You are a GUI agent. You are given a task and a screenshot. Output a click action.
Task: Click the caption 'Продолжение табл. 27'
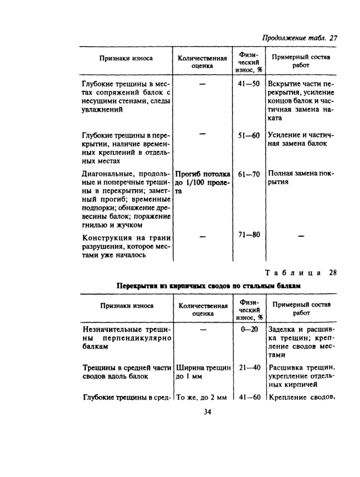point(299,38)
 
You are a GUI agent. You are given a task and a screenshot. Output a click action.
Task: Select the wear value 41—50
point(249,84)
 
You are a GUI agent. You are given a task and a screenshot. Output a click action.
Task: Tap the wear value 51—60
point(249,135)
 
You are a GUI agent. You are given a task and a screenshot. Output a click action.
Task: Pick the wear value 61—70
point(249,174)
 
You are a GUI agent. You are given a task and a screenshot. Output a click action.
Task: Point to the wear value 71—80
point(249,235)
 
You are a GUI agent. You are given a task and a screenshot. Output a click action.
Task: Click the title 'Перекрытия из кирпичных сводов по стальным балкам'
point(208,285)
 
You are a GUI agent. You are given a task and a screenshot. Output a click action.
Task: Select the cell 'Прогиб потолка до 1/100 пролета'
point(203,182)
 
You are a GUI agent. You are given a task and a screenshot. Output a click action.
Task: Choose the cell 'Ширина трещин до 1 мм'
point(203,372)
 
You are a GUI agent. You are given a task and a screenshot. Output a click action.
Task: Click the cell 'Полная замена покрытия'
point(300,178)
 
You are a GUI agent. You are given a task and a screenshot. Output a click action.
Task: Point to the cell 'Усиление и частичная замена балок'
point(300,139)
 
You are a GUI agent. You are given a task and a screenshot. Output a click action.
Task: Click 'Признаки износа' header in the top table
point(125,58)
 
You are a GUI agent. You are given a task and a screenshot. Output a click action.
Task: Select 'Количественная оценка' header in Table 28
point(203,309)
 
